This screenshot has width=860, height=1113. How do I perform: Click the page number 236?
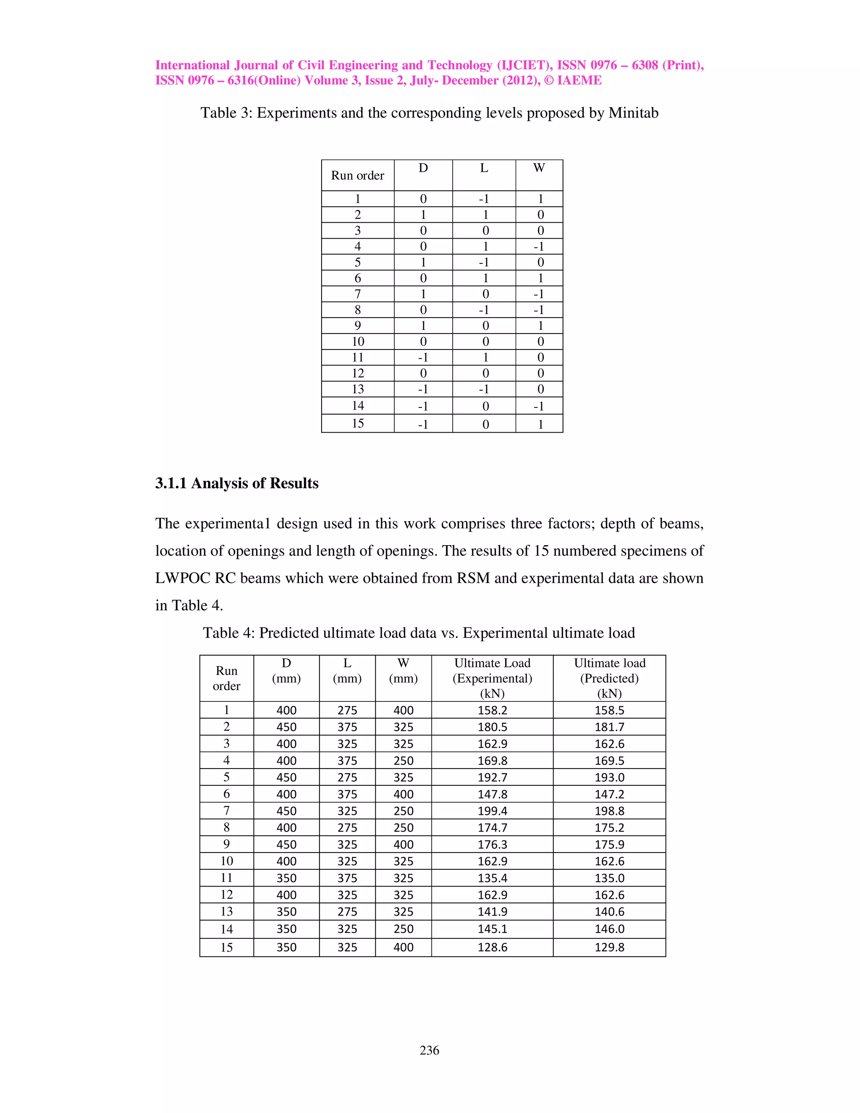coord(429,1050)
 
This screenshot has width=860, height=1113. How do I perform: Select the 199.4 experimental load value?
coord(492,811)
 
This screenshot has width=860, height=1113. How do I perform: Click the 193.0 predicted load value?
coord(609,777)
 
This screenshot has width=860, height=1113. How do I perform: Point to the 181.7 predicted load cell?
coord(609,727)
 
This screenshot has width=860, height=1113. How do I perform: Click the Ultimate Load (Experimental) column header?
coord(492,678)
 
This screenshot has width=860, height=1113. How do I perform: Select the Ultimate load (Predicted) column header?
coord(609,678)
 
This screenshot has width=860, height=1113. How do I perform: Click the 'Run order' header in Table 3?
coord(358,175)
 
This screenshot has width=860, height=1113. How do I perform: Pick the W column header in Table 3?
coord(539,168)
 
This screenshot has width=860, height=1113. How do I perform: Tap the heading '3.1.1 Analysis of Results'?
coord(237,483)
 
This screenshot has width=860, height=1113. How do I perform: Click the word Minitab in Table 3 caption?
coord(633,113)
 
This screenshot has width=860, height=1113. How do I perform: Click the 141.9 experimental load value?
coord(492,911)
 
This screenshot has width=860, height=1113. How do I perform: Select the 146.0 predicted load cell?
coord(609,929)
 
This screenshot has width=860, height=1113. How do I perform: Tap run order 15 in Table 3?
coord(358,423)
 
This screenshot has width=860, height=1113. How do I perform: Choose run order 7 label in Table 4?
coord(226,810)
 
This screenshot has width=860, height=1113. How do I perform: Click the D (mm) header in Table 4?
coord(286,671)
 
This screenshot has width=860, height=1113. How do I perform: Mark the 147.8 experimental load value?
coord(492,794)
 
